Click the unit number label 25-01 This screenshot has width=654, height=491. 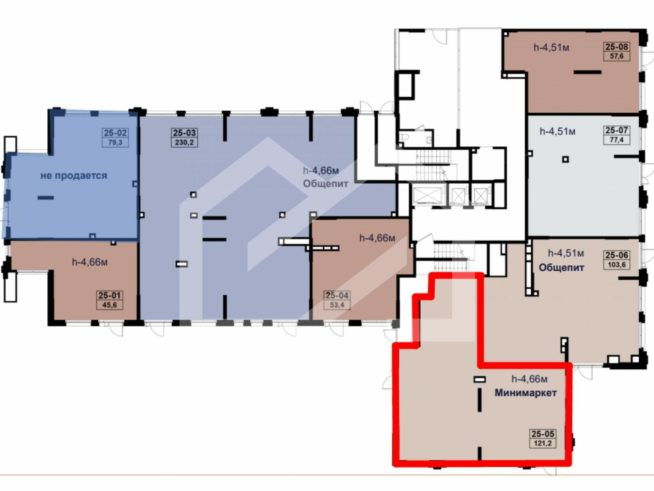coord(109,295)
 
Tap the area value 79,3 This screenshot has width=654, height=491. coord(115,143)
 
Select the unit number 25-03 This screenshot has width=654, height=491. coord(184,133)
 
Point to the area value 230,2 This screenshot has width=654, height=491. coord(184,143)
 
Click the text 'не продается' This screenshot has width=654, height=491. coord(74,176)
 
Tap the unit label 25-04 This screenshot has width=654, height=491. coord(337,295)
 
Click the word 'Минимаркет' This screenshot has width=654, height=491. coord(526,393)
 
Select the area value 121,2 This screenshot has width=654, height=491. coord(543,444)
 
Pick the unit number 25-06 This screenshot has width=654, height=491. coord(617,255)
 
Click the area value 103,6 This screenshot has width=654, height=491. coord(617,265)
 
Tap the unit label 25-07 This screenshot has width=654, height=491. coord(617,130)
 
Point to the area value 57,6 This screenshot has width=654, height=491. coord(617,56)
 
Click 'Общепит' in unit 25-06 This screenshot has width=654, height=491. coord(561,268)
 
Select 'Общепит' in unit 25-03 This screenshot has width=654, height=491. coord(326,184)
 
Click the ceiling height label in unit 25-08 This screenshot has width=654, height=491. coord(551,47)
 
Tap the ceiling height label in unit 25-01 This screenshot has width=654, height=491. coord(90,262)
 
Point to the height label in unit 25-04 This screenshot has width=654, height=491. coord(377,238)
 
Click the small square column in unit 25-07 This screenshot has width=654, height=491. coord(565,159)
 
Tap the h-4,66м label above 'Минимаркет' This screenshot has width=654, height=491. coord(529,379)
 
